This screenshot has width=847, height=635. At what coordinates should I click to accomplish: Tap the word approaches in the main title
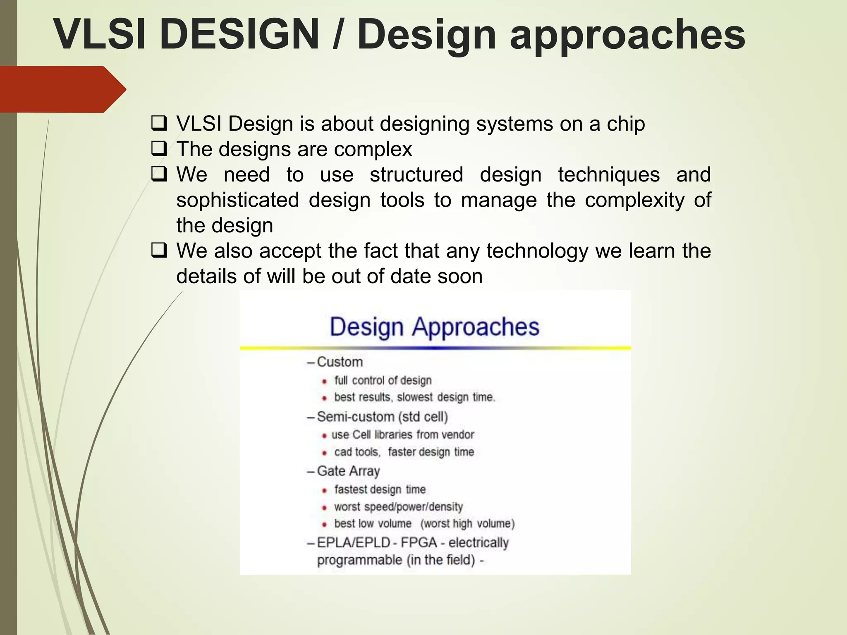[627, 36]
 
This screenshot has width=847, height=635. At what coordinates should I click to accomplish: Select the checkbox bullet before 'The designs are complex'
[159, 149]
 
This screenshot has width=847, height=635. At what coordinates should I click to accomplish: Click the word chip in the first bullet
[626, 124]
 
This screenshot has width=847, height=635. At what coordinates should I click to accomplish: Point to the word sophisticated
[237, 200]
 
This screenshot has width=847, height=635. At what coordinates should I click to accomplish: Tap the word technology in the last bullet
[537, 251]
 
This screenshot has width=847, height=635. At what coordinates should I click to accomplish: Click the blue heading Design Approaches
[434, 327]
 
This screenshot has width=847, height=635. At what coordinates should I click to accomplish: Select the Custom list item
[340, 362]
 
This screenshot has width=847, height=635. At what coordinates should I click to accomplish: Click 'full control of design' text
[383, 380]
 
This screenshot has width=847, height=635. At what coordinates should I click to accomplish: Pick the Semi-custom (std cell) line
[382, 417]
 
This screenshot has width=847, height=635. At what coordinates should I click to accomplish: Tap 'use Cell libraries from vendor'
[402, 435]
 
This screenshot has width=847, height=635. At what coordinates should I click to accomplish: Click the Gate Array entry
[348, 471]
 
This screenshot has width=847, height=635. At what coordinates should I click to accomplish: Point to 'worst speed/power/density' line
[398, 507]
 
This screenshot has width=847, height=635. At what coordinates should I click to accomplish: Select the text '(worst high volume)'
[467, 524]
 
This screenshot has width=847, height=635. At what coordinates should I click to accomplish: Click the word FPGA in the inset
[419, 542]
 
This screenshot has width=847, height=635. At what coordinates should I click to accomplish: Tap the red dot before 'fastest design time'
[325, 490]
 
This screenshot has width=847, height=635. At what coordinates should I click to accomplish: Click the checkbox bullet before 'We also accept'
[159, 251]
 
